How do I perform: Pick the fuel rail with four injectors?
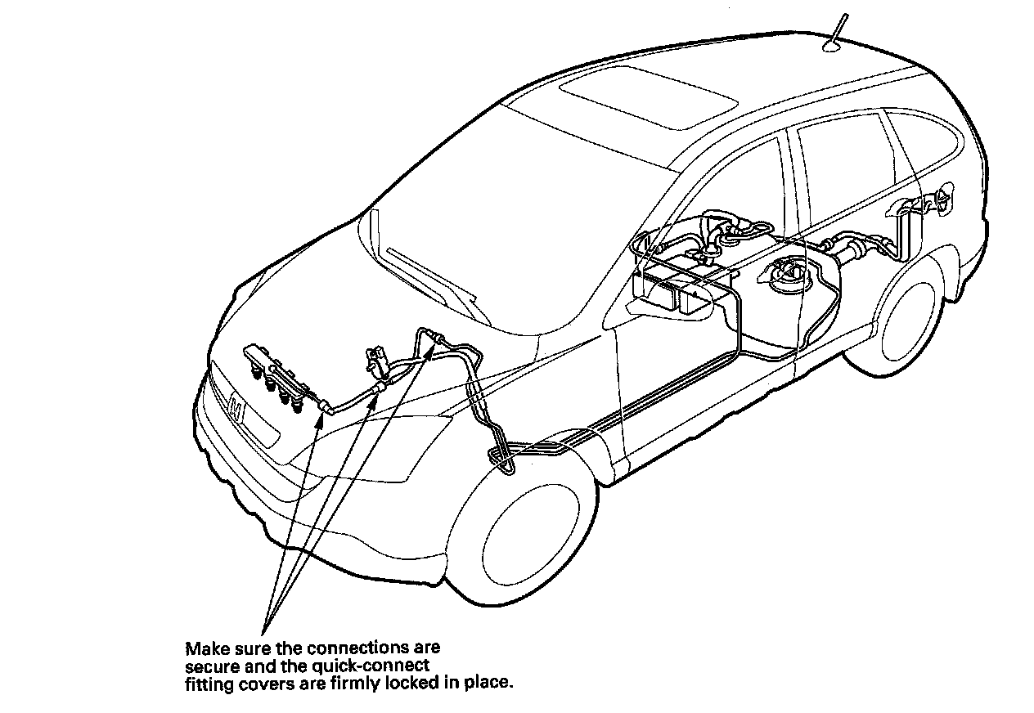[281, 380]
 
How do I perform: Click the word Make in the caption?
[203, 649]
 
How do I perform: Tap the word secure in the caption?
[209, 666]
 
